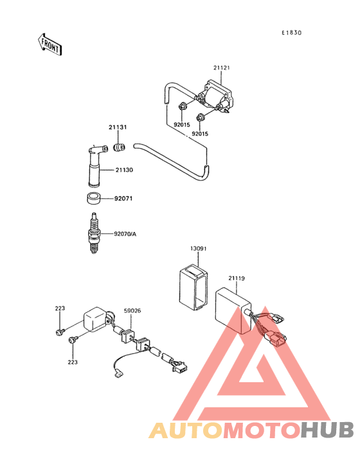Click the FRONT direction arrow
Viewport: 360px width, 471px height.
pos(50,44)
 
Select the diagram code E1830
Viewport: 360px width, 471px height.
pos(291,33)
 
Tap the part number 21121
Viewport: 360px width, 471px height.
pos(221,68)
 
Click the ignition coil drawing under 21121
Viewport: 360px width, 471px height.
pos(216,95)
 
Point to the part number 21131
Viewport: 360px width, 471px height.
pos(118,127)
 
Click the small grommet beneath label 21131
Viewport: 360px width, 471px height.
pos(119,147)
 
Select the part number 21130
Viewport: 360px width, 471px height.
pos(124,170)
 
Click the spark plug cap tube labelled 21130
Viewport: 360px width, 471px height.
pos(95,166)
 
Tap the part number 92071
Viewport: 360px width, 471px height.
pos(123,199)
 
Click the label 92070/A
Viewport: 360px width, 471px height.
pos(125,234)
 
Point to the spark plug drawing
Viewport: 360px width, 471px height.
pos(94,233)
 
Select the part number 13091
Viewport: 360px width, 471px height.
pos(198,249)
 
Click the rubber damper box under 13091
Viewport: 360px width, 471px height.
pos(194,286)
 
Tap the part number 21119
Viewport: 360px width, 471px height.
pos(237,278)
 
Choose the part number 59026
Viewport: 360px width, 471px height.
pos(132,311)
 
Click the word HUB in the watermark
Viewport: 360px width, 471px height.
pos(327,430)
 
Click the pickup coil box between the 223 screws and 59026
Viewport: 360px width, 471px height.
pos(95,319)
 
